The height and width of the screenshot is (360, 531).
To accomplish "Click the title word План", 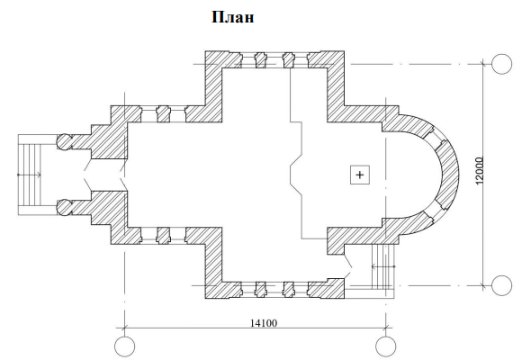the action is [233, 17].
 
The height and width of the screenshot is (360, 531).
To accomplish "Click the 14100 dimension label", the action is [264, 323].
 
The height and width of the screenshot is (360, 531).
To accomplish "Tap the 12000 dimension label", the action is [480, 171].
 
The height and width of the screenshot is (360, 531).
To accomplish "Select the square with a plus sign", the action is [360, 175].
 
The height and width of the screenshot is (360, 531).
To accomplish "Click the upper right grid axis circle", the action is [501, 64].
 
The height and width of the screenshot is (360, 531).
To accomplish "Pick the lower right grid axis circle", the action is [501, 285].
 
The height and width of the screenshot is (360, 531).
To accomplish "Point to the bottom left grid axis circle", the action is [124, 346].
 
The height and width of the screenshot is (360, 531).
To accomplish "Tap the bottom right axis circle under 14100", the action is [386, 346].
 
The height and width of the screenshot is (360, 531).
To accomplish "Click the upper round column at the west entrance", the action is [64, 141].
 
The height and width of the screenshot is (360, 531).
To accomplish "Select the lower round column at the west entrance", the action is [64, 207].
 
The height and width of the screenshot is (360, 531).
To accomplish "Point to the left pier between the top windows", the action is [260, 60].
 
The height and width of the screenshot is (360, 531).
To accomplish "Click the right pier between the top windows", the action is [288, 60].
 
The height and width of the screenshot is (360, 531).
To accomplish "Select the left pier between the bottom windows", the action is [260, 290].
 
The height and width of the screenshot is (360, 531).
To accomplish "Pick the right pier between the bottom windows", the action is [288, 290].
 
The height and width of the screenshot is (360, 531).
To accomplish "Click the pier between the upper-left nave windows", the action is [163, 113].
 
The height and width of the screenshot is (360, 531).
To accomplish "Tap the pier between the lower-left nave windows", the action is [163, 236].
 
